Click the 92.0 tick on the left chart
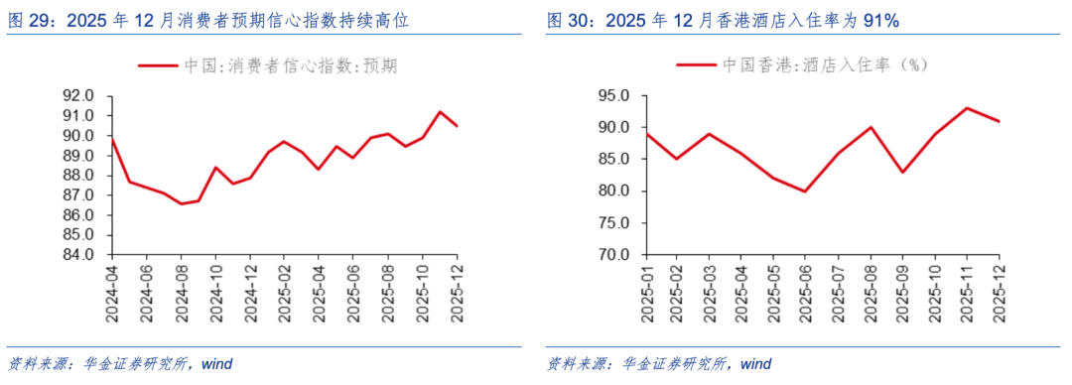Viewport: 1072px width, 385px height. click(x=78, y=96)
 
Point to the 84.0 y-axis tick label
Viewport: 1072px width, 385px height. click(x=78, y=255)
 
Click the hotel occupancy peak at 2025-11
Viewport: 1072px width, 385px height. click(x=967, y=108)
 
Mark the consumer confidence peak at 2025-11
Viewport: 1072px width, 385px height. click(x=440, y=111)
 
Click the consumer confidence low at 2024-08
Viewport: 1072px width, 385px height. click(x=182, y=203)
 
